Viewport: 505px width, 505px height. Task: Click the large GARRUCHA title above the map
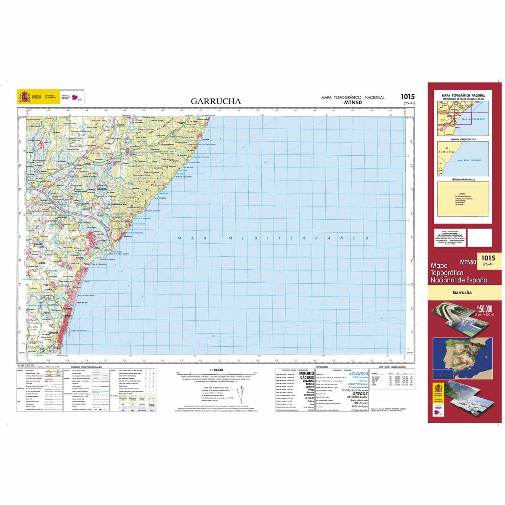pos(216,101)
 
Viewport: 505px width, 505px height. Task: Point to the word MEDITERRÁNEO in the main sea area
pos(298,238)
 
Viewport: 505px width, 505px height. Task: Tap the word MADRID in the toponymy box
pos(306,373)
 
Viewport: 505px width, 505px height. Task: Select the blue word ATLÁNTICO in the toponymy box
pos(359,374)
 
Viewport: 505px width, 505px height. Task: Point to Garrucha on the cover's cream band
pos(462,292)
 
